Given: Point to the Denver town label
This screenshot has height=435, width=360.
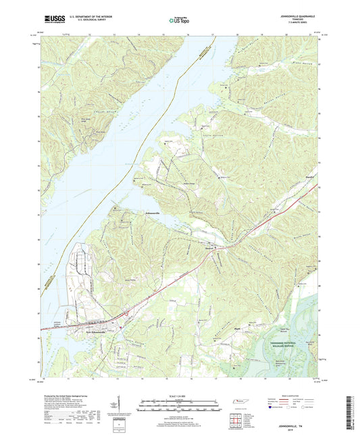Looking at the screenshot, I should coord(209,248).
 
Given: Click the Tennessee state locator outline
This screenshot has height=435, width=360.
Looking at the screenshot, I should coord(239,403).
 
